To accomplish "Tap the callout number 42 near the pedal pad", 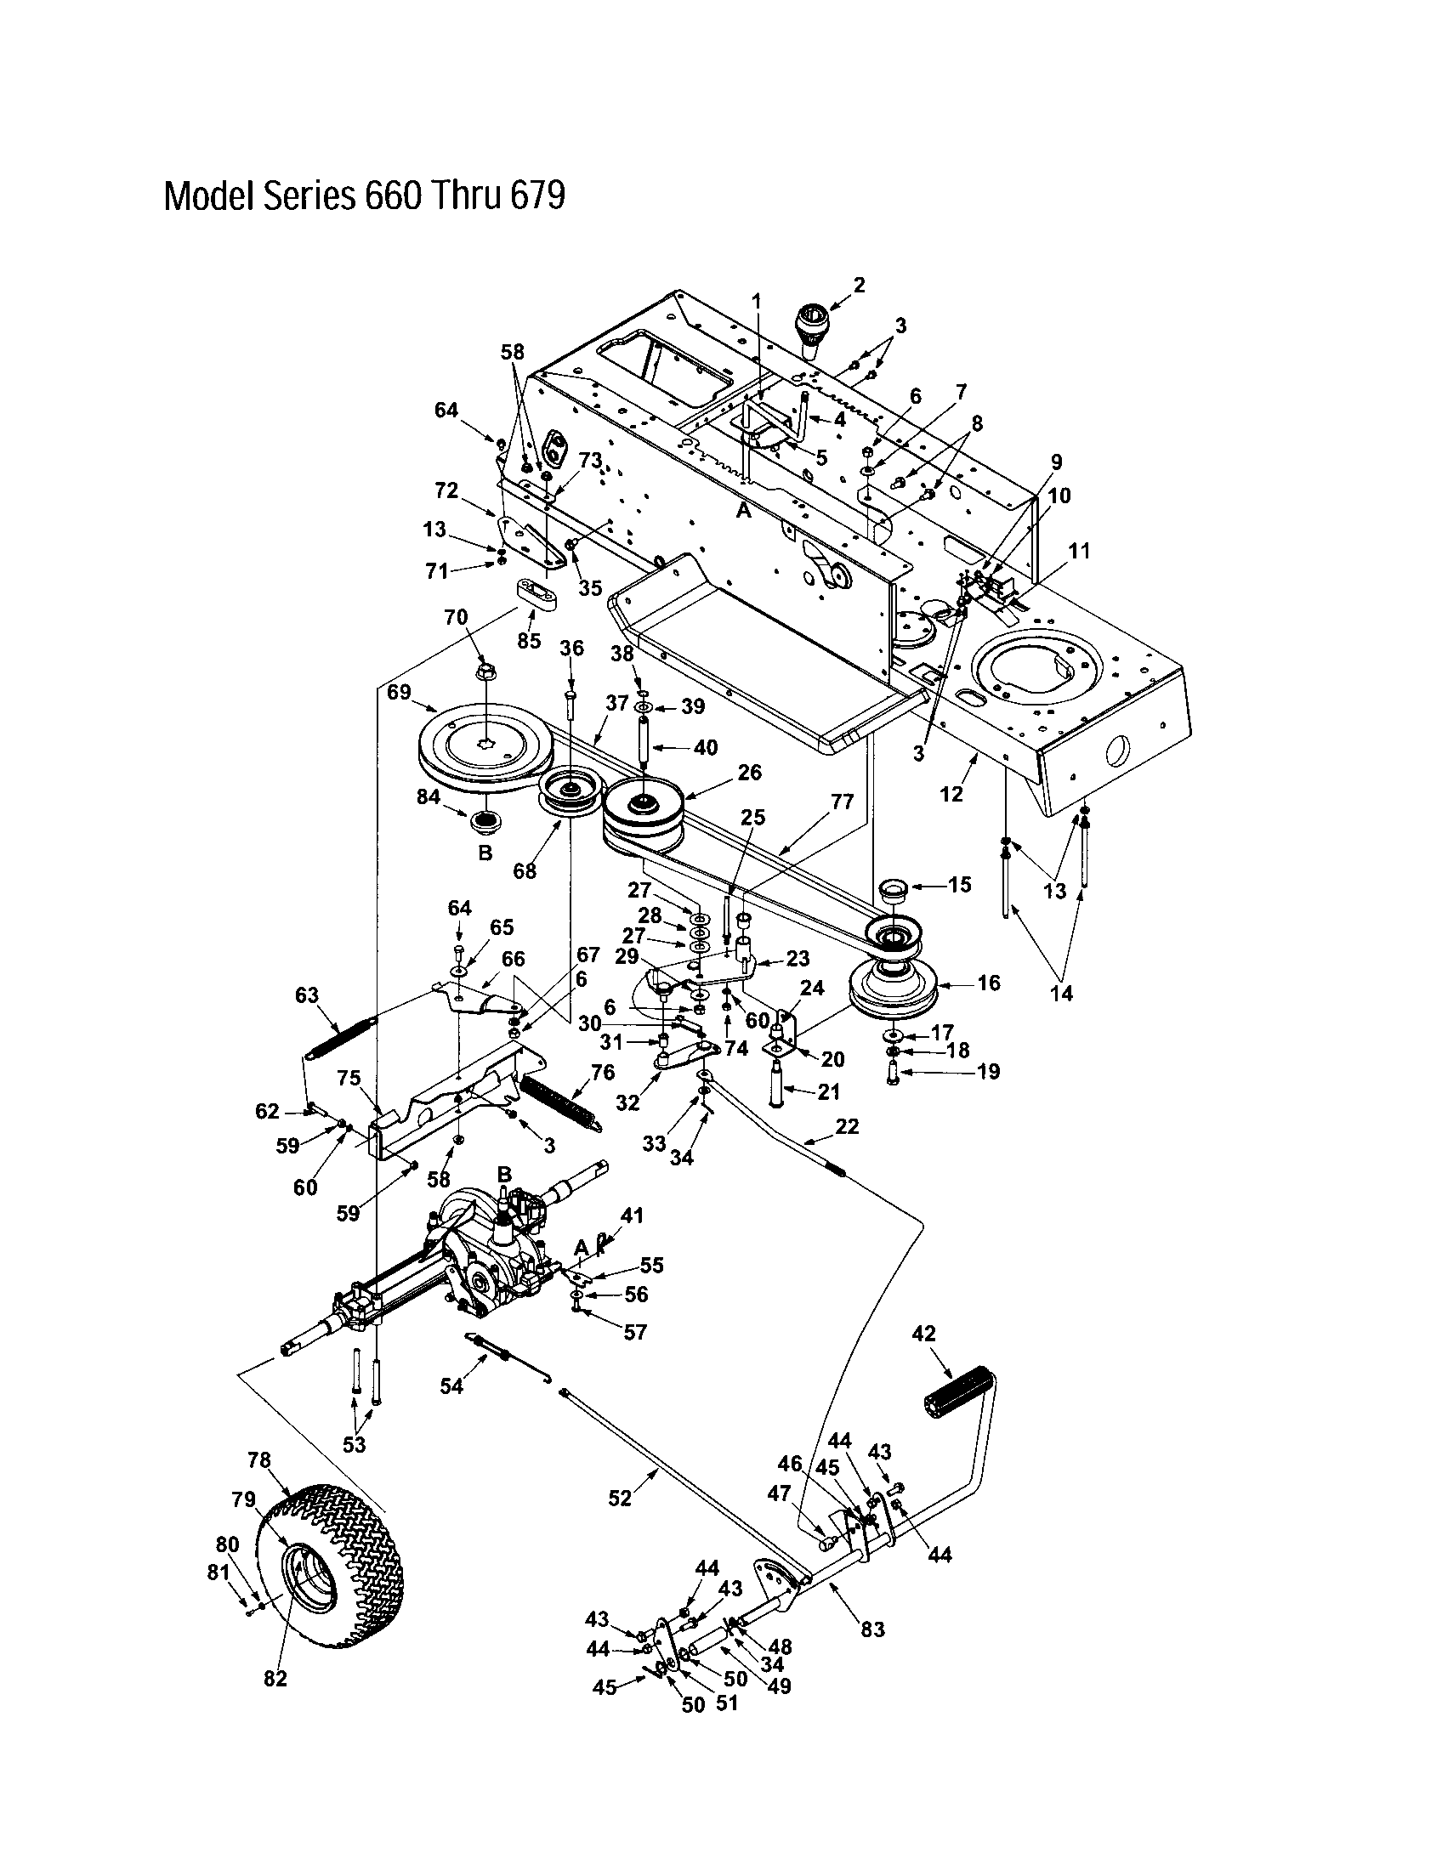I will [x=924, y=1333].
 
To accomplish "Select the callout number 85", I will [x=529, y=639].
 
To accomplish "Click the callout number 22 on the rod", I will [x=846, y=1127].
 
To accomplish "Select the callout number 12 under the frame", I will [x=951, y=794].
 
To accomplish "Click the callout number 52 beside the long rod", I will [x=619, y=1498].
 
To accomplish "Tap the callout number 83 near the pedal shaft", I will [x=872, y=1629].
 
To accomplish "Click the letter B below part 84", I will [x=485, y=853].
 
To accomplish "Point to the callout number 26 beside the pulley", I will [x=749, y=773].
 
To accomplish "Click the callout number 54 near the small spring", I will [x=451, y=1385].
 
